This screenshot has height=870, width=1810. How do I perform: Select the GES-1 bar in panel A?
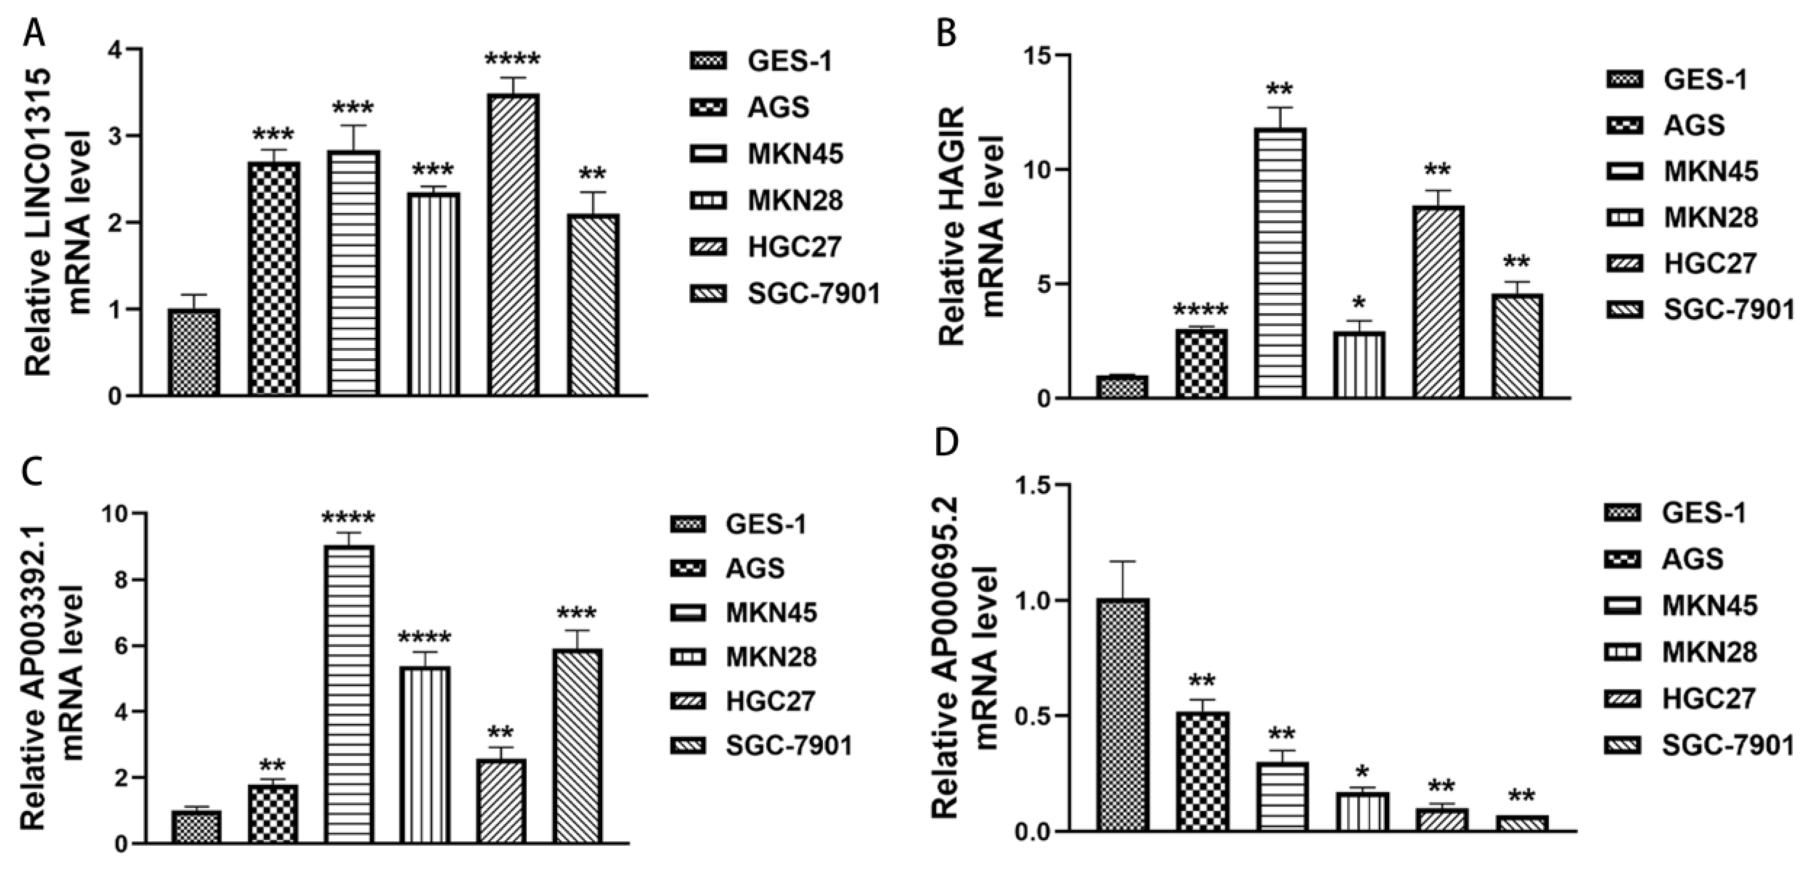(194, 352)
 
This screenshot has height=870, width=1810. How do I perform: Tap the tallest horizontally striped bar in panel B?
(1280, 263)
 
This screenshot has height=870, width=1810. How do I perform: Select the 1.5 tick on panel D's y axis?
(1031, 485)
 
